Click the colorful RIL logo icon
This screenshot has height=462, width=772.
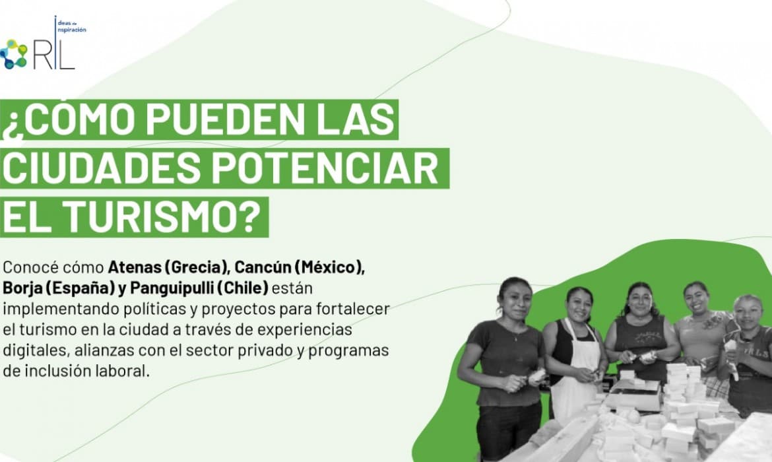(x=13, y=54)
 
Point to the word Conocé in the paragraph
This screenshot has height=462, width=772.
(x=36, y=269)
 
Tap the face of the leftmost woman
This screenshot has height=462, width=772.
(x=515, y=300)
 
